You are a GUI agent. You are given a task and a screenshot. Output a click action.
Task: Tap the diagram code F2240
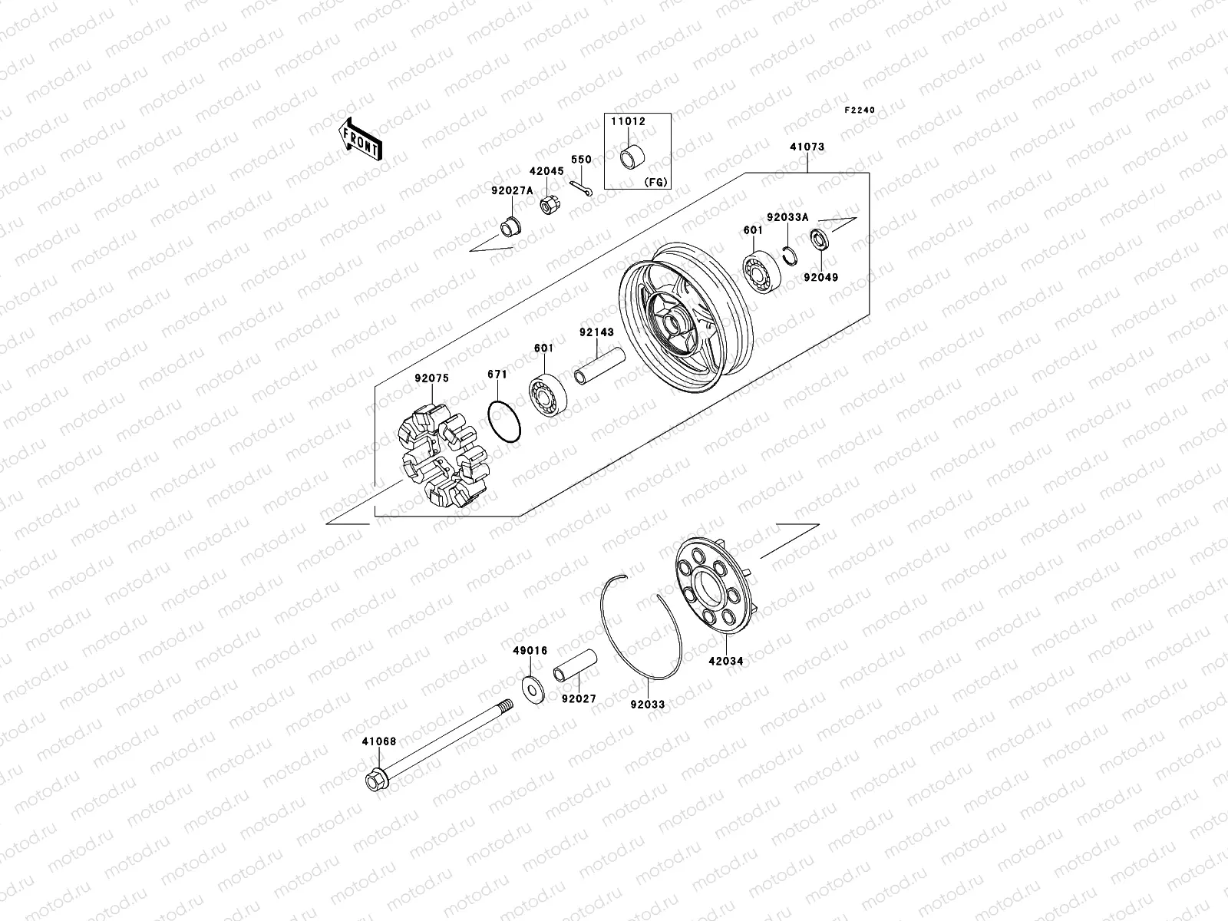point(860,111)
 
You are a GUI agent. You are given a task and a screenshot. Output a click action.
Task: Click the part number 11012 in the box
point(628,122)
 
